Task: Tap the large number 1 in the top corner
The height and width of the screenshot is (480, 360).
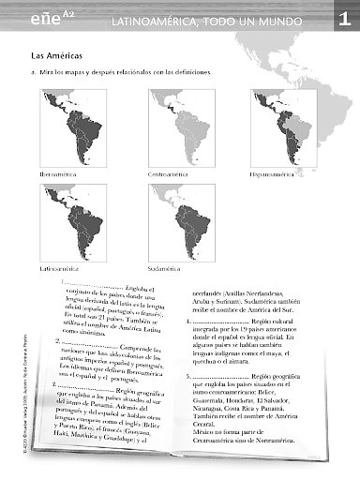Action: click(x=345, y=20)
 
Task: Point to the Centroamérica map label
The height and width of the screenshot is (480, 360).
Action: click(x=168, y=174)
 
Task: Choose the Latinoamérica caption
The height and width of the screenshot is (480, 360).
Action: click(x=59, y=267)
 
